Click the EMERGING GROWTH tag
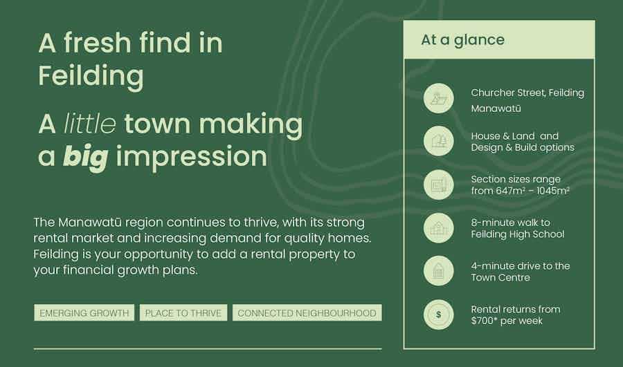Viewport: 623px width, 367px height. (84, 312)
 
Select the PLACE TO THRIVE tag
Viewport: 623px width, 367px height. (183, 312)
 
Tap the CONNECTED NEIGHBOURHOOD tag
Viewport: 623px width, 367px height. (307, 312)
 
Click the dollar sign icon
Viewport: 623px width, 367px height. (438, 314)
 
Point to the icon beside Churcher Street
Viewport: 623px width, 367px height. (438, 98)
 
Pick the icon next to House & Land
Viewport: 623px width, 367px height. (438, 141)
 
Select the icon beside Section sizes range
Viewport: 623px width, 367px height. (438, 185)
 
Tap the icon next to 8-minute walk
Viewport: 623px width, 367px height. (438, 228)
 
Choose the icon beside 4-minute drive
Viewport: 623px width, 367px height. (438, 272)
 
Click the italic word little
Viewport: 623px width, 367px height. (90, 124)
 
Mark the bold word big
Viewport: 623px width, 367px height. (86, 156)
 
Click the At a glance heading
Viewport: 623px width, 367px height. (462, 39)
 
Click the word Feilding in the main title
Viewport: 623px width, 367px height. (91, 76)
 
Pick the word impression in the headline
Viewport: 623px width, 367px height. (192, 157)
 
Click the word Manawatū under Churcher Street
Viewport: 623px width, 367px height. (496, 109)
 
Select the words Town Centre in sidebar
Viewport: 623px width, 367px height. (500, 277)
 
